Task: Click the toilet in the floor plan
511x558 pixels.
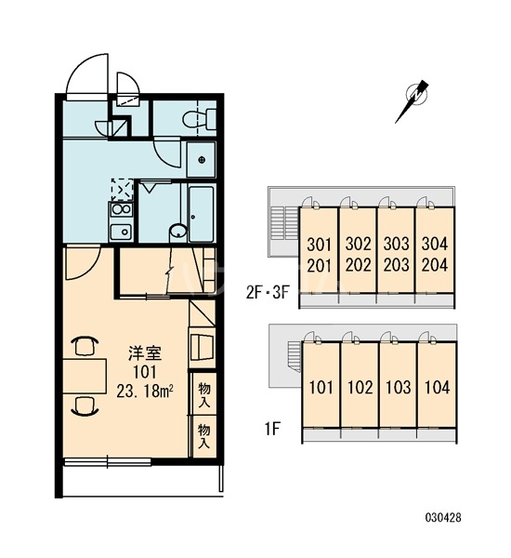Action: click(x=200, y=118)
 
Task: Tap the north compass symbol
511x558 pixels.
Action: click(x=413, y=100)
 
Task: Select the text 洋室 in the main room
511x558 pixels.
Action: click(x=145, y=353)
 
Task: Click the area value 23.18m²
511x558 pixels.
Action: click(x=145, y=391)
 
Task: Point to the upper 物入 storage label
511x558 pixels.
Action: click(x=203, y=394)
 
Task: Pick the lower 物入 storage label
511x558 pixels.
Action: click(x=203, y=435)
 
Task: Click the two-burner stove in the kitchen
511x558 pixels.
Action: click(x=122, y=209)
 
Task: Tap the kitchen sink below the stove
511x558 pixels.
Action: click(x=122, y=232)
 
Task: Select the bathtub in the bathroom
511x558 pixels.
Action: click(x=201, y=214)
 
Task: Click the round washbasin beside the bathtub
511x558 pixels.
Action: click(x=177, y=231)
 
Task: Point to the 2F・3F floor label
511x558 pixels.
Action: click(x=268, y=293)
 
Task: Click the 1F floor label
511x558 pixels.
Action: click(x=272, y=429)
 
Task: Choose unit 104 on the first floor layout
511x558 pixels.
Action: click(x=437, y=387)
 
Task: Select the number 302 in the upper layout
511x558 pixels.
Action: click(x=358, y=244)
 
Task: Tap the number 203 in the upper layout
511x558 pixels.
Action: click(x=396, y=265)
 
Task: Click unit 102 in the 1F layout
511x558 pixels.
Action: click(x=360, y=387)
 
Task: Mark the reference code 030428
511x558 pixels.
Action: click(x=443, y=517)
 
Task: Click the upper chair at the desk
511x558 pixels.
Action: click(x=85, y=346)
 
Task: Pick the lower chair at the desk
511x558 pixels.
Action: click(x=85, y=406)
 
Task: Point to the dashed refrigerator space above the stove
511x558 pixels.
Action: click(x=122, y=190)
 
